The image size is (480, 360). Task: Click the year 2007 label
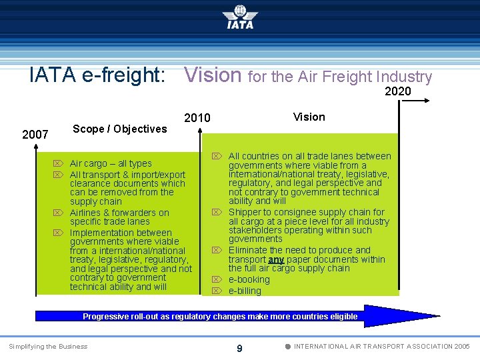click(35, 135)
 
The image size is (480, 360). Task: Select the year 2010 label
click(197, 118)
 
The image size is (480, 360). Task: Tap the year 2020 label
click(398, 91)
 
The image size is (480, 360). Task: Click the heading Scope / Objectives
click(120, 129)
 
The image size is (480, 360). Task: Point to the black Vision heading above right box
click(309, 117)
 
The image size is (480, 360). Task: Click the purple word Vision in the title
click(213, 75)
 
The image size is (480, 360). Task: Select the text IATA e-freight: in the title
click(97, 75)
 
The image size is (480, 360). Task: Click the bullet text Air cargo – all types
click(111, 163)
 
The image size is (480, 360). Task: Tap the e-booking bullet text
click(249, 279)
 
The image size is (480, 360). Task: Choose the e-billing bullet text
click(245, 291)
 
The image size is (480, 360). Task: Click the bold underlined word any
click(276, 259)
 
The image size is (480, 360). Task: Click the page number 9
click(239, 347)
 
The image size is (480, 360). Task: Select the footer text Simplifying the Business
click(47, 346)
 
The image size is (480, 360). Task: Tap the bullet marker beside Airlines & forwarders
click(59, 213)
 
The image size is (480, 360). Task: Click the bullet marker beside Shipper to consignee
click(217, 213)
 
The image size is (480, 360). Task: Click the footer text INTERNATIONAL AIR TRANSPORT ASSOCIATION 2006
click(381, 346)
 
